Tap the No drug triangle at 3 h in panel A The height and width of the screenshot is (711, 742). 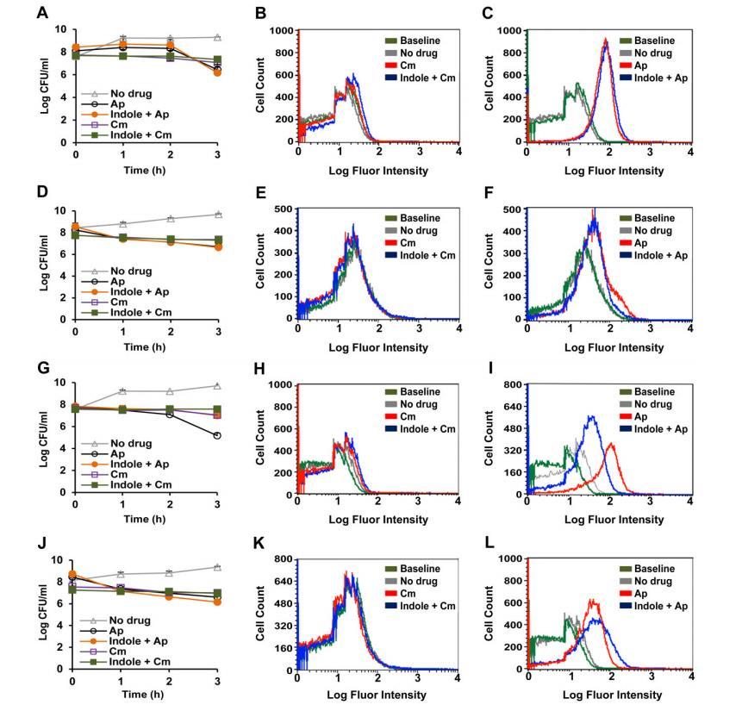pyautogui.click(x=218, y=37)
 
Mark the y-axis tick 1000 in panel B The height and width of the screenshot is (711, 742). pyautogui.click(x=281, y=30)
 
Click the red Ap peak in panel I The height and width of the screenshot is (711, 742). pyautogui.click(x=611, y=444)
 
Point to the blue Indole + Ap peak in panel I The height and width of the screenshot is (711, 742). pyautogui.click(x=592, y=416)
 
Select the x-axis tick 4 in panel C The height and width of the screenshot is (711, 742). pyautogui.click(x=690, y=153)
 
